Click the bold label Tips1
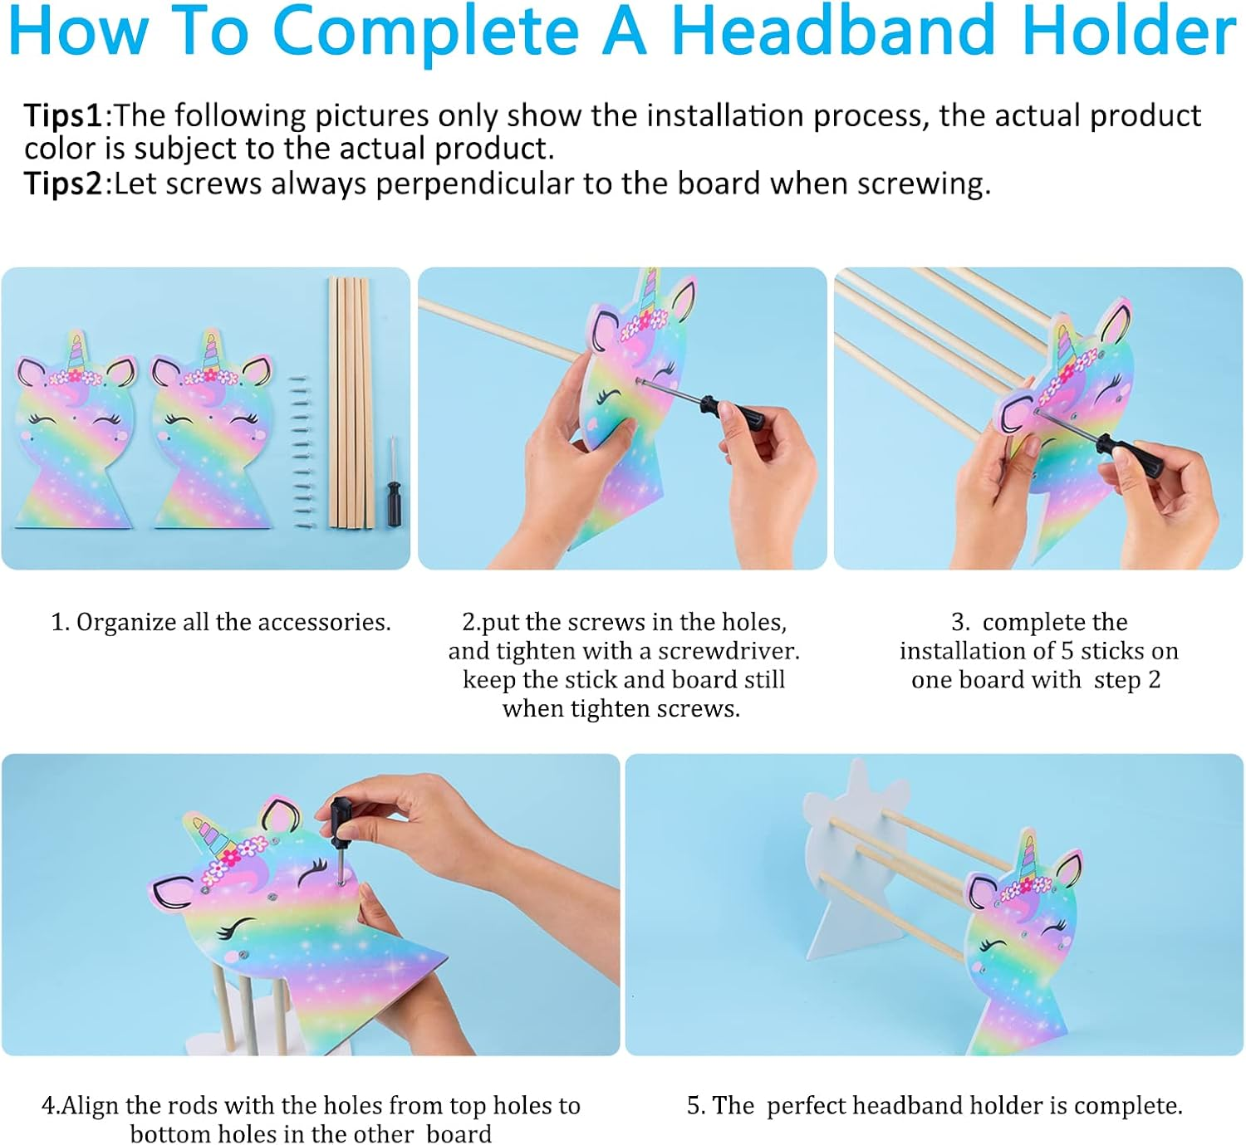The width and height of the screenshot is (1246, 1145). tap(63, 115)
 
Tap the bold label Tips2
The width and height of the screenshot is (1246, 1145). tap(63, 183)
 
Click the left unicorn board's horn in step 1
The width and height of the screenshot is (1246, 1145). tap(77, 353)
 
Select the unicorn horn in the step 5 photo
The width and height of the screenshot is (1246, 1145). tap(1029, 855)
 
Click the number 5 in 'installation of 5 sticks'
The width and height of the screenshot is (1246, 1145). tap(1067, 651)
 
